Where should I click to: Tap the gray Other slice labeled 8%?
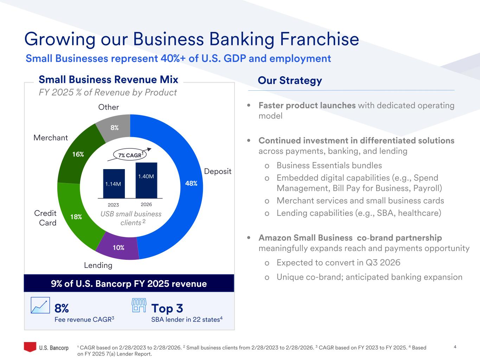(x=115, y=128)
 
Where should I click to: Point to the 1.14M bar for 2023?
(x=114, y=184)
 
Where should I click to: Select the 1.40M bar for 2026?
(x=146, y=180)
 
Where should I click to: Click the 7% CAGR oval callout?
(x=130, y=155)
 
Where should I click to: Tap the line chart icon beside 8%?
(x=40, y=305)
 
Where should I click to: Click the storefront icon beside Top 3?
(x=139, y=305)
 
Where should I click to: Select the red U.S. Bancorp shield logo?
(x=30, y=347)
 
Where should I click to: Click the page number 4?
(x=455, y=347)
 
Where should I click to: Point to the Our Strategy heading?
(x=290, y=81)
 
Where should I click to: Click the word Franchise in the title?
(x=319, y=39)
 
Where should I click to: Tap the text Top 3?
(x=167, y=308)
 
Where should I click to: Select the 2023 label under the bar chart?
(x=113, y=205)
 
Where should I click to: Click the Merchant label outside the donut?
(x=51, y=138)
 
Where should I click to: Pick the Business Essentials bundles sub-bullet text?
(x=329, y=166)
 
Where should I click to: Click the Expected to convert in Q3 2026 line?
(x=338, y=263)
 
